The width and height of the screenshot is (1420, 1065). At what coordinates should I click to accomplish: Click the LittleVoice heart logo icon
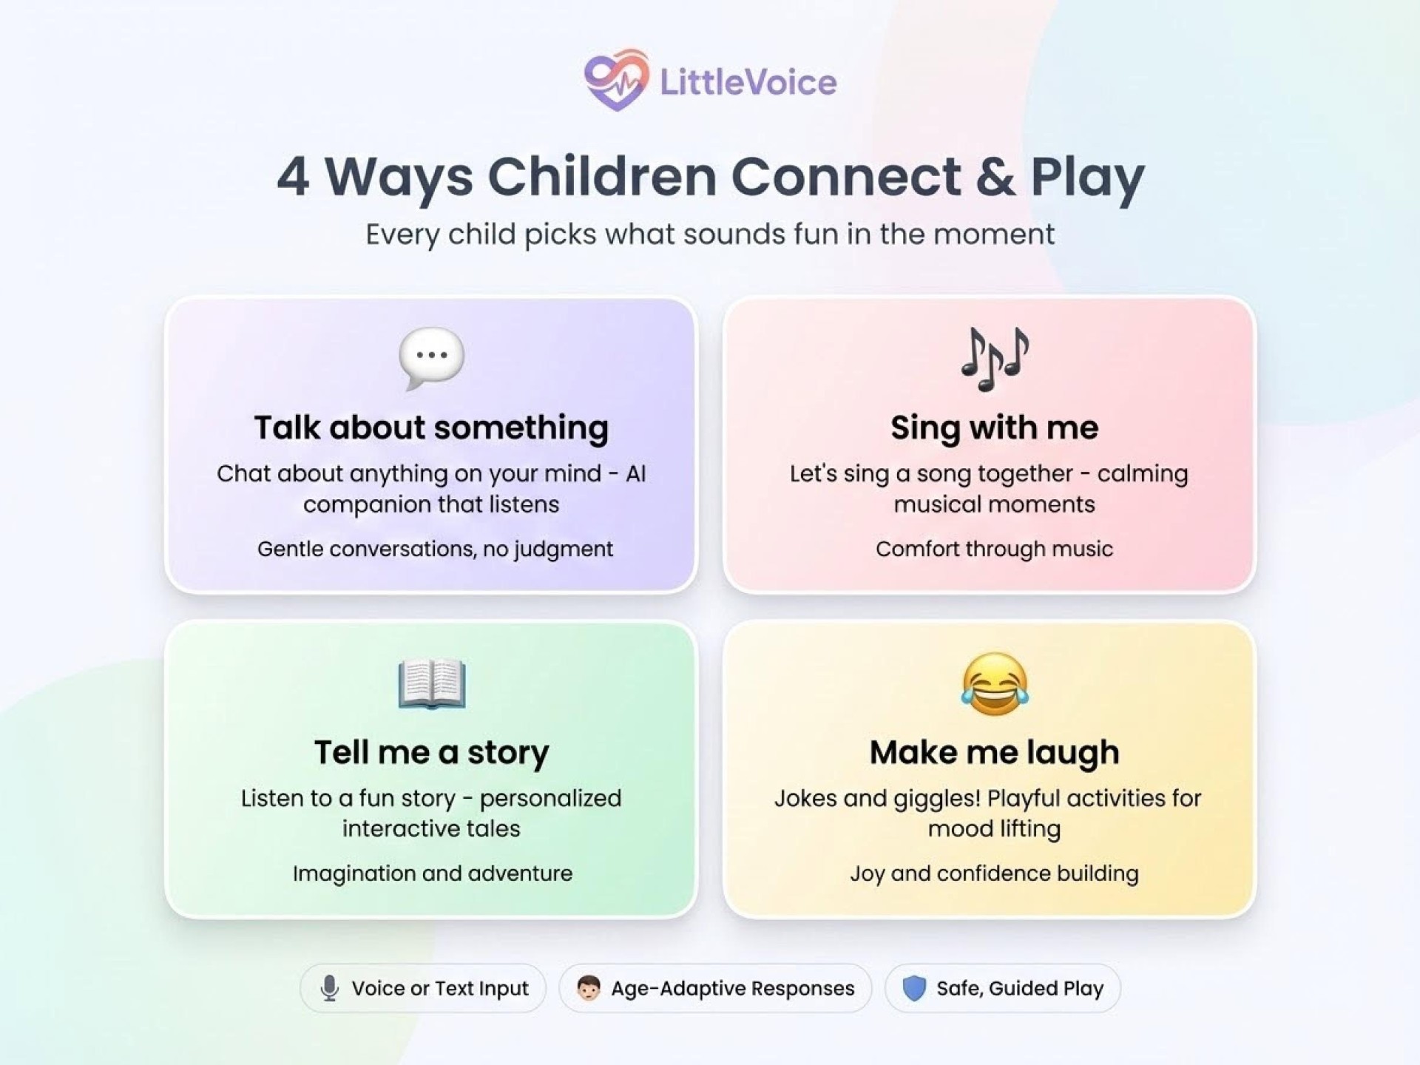616,80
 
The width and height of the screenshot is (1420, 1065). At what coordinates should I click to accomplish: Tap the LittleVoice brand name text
748,82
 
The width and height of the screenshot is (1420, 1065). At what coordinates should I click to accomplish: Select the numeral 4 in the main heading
293,177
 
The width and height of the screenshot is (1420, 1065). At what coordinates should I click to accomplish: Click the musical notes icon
995,359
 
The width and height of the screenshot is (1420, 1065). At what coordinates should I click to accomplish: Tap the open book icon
432,683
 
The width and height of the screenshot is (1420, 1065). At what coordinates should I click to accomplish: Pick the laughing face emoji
995,684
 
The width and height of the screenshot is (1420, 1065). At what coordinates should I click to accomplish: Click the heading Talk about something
432,428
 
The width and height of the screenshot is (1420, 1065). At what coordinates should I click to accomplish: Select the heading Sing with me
995,428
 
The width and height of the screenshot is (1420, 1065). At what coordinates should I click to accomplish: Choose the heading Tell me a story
432,753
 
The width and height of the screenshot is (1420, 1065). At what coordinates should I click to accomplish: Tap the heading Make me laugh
995,753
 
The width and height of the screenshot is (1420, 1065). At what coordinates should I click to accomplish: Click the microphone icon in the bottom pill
330,988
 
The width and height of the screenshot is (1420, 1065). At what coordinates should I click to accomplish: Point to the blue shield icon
915,988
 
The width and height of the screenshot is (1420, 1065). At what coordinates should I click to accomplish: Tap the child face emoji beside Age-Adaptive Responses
589,988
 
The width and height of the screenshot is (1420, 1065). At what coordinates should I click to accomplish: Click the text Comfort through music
995,549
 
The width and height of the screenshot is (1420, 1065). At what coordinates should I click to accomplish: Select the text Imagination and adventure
433,873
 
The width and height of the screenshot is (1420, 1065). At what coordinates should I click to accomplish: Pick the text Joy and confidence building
995,873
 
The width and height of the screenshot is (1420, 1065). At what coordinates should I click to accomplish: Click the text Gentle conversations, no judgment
435,549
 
